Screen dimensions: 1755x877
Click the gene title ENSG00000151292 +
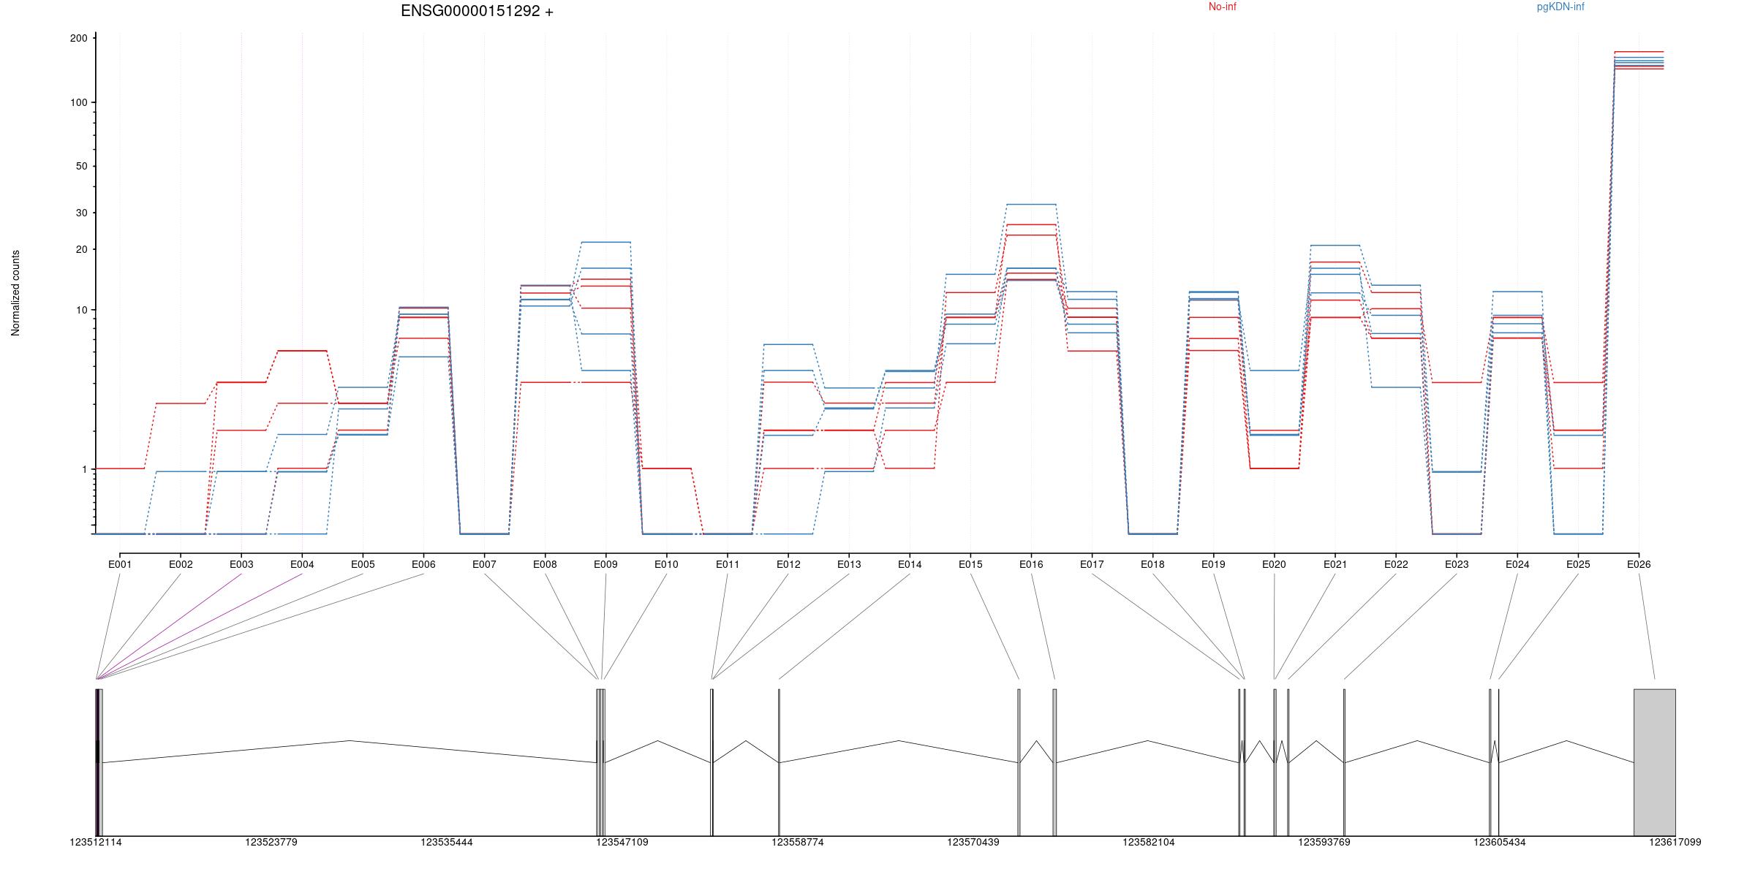pos(477,11)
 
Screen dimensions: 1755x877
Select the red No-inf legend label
pos(1222,7)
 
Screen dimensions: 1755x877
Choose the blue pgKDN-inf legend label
pos(1560,7)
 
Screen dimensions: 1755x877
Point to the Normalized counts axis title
pos(15,293)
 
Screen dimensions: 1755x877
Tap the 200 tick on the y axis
pos(78,38)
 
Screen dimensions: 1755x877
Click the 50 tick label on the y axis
pos(81,166)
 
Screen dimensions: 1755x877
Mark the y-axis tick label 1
pos(84,469)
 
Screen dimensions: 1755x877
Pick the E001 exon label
pos(120,564)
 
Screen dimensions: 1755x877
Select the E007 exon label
pos(484,564)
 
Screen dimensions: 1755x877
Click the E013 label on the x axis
pos(849,564)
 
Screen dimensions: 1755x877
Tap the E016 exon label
pos(1031,564)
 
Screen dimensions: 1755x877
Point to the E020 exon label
pos(1274,564)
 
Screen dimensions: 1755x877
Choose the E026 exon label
pos(1639,564)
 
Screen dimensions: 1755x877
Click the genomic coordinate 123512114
pos(96,842)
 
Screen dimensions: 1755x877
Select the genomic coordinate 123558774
pos(798,842)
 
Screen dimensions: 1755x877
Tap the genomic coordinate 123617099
pos(1675,842)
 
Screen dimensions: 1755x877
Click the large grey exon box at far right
pos(1655,762)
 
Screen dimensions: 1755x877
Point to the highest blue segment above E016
pos(1031,205)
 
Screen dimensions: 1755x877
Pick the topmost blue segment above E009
pos(605,242)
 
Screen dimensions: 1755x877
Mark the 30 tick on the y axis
pos(81,213)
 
